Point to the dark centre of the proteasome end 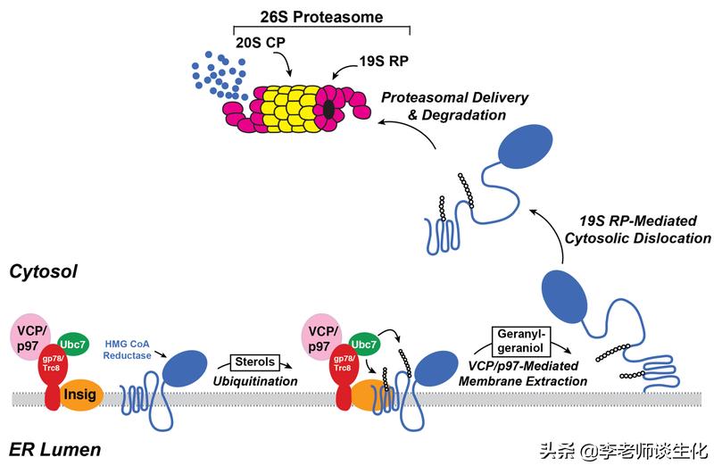[329, 109]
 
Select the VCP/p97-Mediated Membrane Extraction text [522, 372]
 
